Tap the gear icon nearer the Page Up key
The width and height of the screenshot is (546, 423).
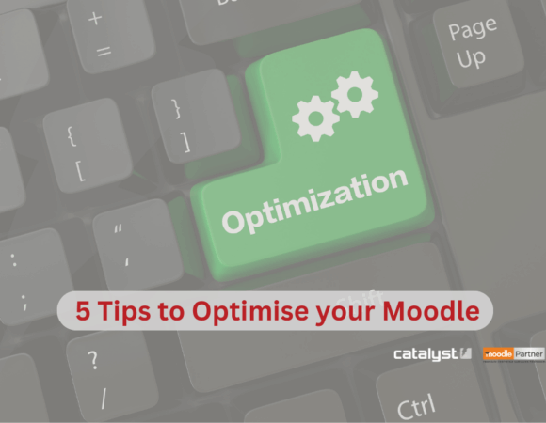(x=355, y=93)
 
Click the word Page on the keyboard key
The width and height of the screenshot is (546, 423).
(x=472, y=31)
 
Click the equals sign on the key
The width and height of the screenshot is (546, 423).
(x=103, y=50)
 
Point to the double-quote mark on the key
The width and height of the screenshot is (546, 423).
(x=119, y=228)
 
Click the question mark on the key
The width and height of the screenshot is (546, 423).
(x=93, y=361)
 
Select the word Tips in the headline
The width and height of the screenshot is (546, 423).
(x=126, y=311)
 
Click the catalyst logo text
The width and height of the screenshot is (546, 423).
(x=426, y=353)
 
